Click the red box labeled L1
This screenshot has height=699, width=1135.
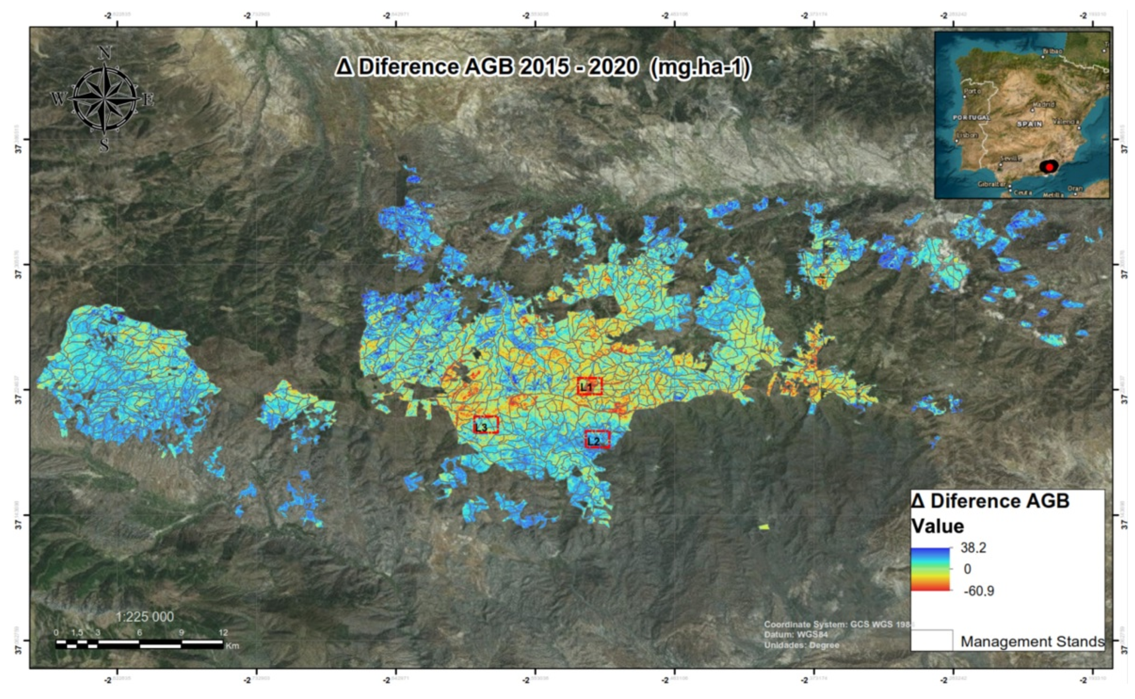click(x=589, y=386)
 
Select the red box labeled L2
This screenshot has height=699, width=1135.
click(x=597, y=440)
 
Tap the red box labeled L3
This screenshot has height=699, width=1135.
click(x=486, y=425)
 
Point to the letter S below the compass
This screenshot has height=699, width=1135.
click(x=104, y=146)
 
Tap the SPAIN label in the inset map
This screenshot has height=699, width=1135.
click(x=1030, y=124)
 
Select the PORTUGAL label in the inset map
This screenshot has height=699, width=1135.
click(x=971, y=118)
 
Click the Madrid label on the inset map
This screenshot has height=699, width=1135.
click(x=1044, y=104)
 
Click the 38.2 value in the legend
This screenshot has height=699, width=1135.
click(x=973, y=548)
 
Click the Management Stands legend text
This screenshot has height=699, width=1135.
click(x=1032, y=641)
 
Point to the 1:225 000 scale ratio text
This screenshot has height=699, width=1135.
click(x=145, y=617)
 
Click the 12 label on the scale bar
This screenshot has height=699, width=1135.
click(x=223, y=632)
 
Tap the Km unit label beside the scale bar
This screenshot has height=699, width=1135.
click(x=233, y=646)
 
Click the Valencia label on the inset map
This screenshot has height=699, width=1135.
click(x=1066, y=122)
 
